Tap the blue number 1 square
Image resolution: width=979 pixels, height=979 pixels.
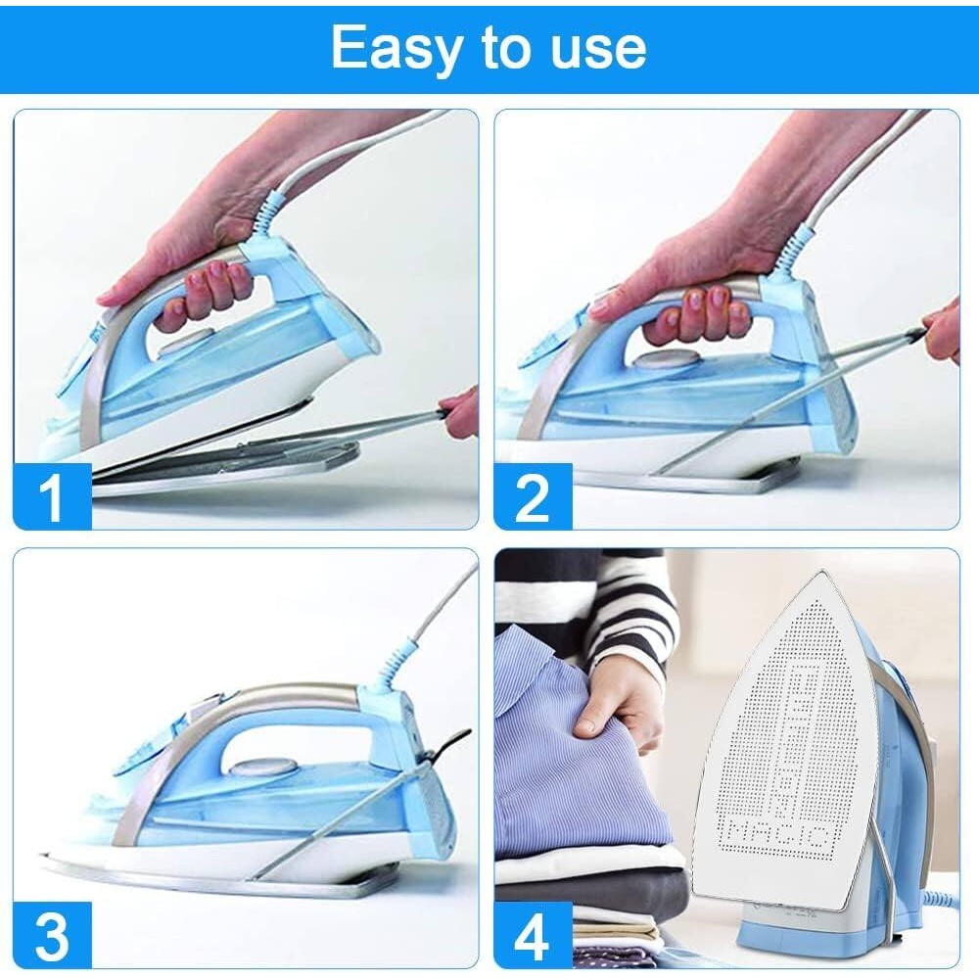(x=52, y=496)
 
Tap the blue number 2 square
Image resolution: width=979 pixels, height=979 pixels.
(x=533, y=496)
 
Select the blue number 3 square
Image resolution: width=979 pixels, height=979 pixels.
(x=52, y=935)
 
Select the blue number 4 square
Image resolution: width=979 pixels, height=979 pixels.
(x=533, y=935)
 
